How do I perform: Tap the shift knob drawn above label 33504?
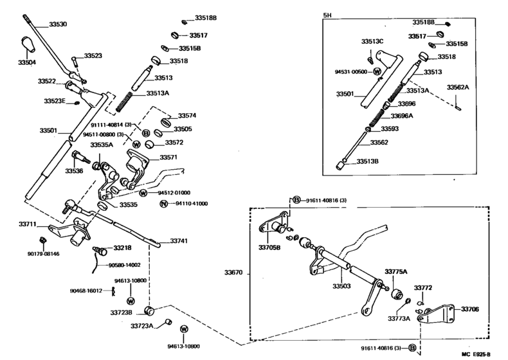pyautogui.click(x=27, y=44)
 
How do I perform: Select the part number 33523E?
pyautogui.click(x=56, y=102)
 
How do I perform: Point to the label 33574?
pyautogui.click(x=186, y=116)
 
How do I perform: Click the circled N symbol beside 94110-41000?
pyautogui.click(x=163, y=204)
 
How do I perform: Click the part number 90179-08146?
pyautogui.click(x=42, y=254)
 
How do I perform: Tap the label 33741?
pyautogui.click(x=179, y=240)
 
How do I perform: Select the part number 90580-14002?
pyautogui.click(x=124, y=265)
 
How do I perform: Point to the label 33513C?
pyautogui.click(x=372, y=42)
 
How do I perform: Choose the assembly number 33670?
pyautogui.click(x=234, y=273)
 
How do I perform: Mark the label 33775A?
pyautogui.click(x=397, y=272)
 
